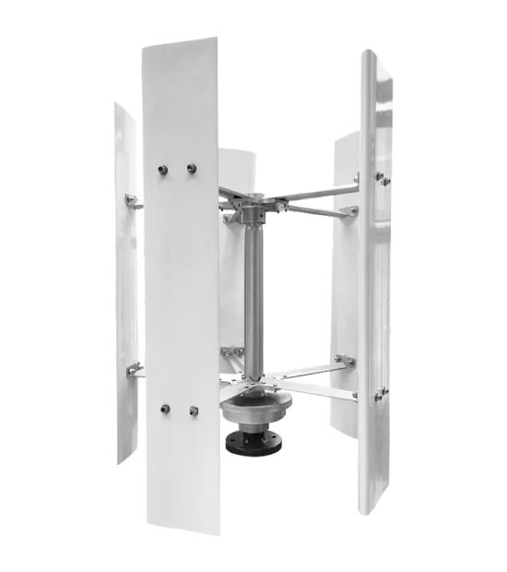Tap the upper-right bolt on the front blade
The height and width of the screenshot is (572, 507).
pos(192,168)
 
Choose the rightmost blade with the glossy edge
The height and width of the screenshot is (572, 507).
pos(376,277)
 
